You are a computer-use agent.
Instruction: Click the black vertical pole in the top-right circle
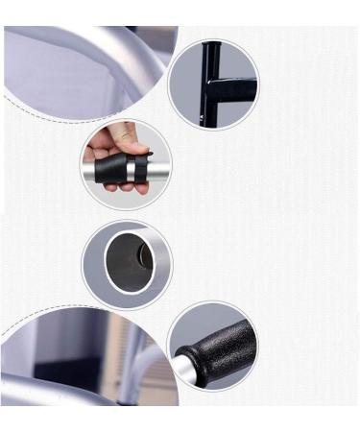pos(215,82)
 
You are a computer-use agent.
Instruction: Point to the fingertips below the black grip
pos(120,186)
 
